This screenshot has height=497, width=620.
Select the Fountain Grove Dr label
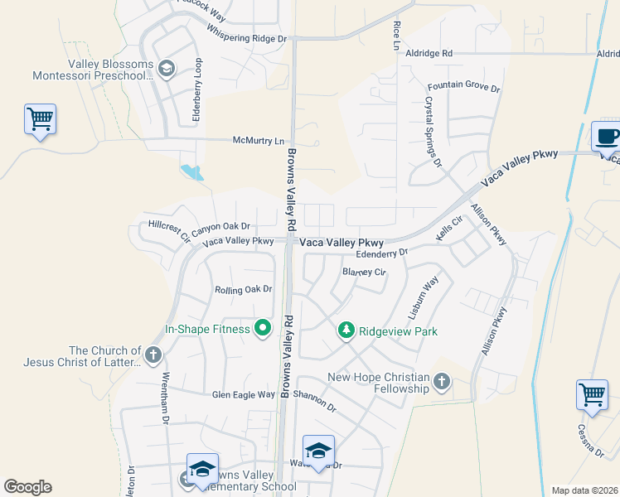(x=464, y=87)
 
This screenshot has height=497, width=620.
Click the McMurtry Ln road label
(x=258, y=141)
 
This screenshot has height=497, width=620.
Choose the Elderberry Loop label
(x=197, y=90)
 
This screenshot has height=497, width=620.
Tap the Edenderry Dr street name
(x=381, y=253)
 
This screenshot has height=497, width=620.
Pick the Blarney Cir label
(x=364, y=272)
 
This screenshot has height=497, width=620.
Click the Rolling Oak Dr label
(x=244, y=290)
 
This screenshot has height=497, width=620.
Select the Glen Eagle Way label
(x=243, y=395)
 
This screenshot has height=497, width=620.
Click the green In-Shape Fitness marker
(x=263, y=330)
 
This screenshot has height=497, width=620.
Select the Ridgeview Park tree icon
(x=346, y=331)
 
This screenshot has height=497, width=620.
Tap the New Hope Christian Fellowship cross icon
(x=441, y=381)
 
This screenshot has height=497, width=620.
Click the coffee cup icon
(x=607, y=135)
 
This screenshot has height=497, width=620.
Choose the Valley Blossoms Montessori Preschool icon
(x=166, y=68)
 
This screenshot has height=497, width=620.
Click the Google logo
(x=27, y=487)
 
